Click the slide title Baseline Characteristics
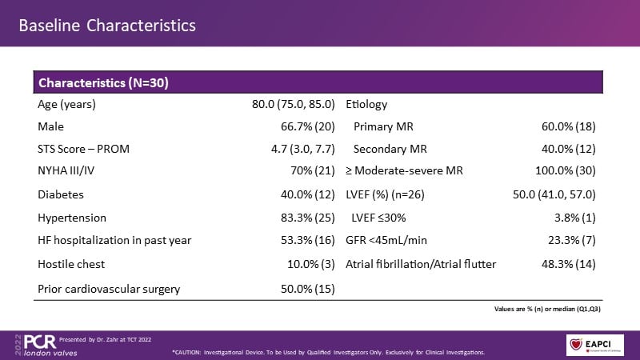point(107,26)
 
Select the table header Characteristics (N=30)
point(102,83)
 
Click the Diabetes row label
point(61,194)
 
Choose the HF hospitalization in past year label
point(114,241)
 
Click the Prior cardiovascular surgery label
point(109,287)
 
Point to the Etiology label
point(366,105)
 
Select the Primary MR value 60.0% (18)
point(565,126)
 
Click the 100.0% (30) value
point(562,171)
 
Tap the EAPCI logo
point(595,341)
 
